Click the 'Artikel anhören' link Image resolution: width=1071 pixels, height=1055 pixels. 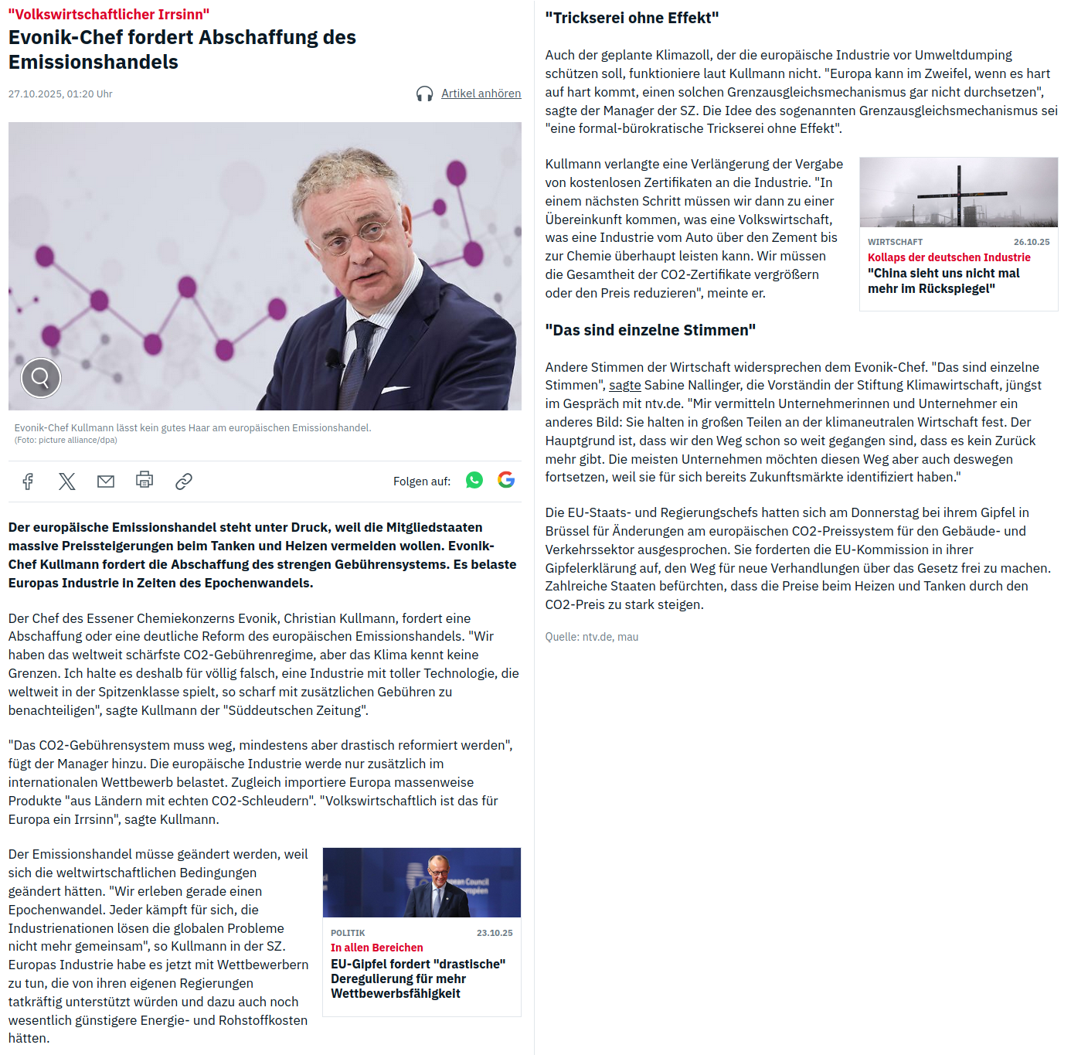(x=481, y=94)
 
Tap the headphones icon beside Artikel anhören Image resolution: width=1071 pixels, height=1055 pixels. (x=424, y=94)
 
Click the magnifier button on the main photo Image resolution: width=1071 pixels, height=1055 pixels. (x=41, y=378)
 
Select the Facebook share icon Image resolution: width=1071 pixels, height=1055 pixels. (x=28, y=482)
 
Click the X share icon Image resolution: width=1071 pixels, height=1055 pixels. (x=67, y=482)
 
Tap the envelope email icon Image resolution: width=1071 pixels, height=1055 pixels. (x=106, y=482)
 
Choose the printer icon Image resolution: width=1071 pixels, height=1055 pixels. (x=144, y=480)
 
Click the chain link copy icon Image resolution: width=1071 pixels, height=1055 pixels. (x=184, y=482)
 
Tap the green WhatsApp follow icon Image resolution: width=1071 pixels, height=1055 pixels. (x=474, y=481)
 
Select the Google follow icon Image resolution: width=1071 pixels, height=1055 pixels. (x=506, y=480)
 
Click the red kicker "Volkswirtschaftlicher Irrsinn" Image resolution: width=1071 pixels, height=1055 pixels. (x=109, y=15)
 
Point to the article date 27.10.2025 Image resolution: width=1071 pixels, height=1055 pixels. (x=60, y=94)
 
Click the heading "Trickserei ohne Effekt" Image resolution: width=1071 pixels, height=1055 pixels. (x=631, y=18)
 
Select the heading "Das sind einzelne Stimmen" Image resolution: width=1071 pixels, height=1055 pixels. (x=650, y=330)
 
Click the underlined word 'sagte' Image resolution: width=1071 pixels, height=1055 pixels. (x=624, y=385)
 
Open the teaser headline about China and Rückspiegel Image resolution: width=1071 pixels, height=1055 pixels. (x=943, y=281)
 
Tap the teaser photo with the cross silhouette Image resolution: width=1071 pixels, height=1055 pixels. (x=958, y=192)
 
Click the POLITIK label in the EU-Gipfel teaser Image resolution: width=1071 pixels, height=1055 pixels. (x=348, y=933)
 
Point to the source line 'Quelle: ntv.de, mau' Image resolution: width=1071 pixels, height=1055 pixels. (x=591, y=637)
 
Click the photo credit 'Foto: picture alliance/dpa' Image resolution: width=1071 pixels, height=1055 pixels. (x=66, y=441)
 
